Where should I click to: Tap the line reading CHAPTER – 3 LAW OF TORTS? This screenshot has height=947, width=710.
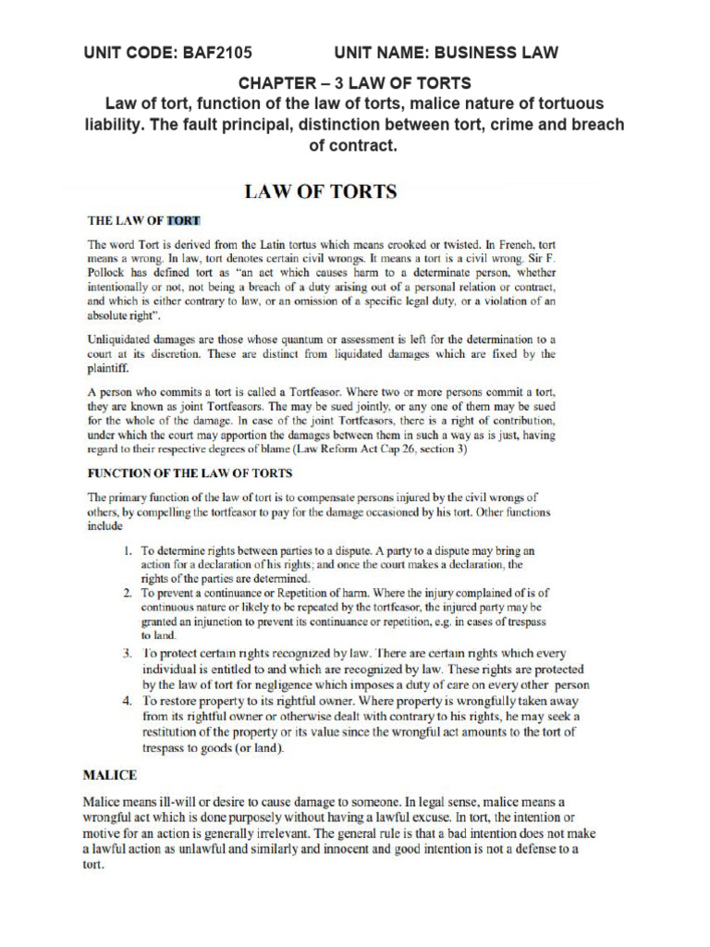355,84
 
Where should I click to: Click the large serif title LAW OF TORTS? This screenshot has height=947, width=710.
320,192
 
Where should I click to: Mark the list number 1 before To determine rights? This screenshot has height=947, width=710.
129,550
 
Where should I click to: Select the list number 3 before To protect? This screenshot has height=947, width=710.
129,654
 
